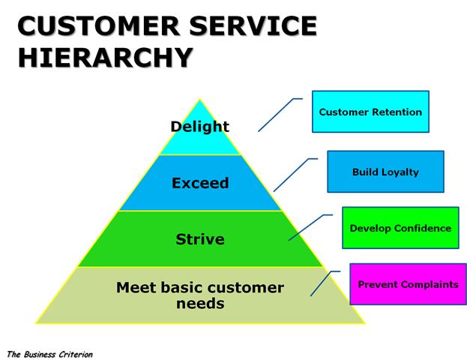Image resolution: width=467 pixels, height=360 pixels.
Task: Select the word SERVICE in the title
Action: tap(254, 27)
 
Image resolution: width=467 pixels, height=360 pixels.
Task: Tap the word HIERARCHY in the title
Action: tap(104, 58)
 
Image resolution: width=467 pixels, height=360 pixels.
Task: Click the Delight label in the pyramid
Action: tap(199, 127)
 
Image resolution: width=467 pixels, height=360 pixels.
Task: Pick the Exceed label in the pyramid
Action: tap(200, 183)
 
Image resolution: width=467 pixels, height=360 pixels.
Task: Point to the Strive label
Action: tap(200, 239)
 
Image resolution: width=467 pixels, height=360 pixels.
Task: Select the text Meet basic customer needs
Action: tap(200, 295)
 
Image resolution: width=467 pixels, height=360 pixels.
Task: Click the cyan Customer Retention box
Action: tap(370, 112)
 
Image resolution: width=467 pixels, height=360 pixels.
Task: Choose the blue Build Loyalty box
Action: tap(385, 172)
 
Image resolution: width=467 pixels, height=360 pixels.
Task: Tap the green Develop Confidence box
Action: tap(400, 228)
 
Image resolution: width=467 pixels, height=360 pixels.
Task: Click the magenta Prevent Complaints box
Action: tap(408, 284)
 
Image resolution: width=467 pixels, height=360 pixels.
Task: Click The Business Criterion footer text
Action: tap(49, 352)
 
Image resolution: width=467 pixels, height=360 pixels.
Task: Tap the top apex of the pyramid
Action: tap(200, 100)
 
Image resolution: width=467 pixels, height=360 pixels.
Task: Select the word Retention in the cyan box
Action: tap(398, 112)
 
